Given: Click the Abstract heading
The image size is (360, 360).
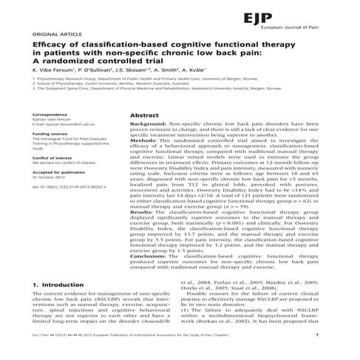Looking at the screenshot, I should pos(144,117).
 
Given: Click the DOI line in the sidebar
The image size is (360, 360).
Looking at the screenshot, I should pos(69,189).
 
